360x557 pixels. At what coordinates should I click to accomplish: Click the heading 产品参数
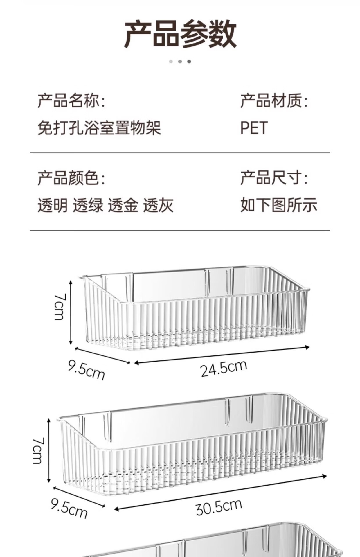coord(180,34)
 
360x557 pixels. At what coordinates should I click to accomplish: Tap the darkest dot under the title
coord(189,62)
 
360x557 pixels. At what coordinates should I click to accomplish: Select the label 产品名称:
coord(71,101)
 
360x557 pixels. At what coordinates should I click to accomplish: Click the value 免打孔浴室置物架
coord(99,128)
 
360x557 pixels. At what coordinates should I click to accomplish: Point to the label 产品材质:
coord(274,101)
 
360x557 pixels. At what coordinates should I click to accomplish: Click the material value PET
coord(254,128)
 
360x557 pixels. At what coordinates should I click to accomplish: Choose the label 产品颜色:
coord(71,178)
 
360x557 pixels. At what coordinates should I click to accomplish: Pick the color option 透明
coord(53,205)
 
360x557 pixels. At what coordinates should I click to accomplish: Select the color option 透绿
coord(88,205)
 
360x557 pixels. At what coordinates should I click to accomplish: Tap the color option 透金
coord(123,205)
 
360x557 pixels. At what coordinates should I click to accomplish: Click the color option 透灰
coord(158,205)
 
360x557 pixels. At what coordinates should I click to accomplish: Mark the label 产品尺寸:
coord(274,178)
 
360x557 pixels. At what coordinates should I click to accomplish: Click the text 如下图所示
coord(279,205)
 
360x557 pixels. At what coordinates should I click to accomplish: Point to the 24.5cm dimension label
coord(224,368)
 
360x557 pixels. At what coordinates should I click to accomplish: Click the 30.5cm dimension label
coord(219,507)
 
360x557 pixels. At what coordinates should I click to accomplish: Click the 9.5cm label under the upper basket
coord(86,370)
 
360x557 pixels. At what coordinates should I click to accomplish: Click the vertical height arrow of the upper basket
coord(71,312)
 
